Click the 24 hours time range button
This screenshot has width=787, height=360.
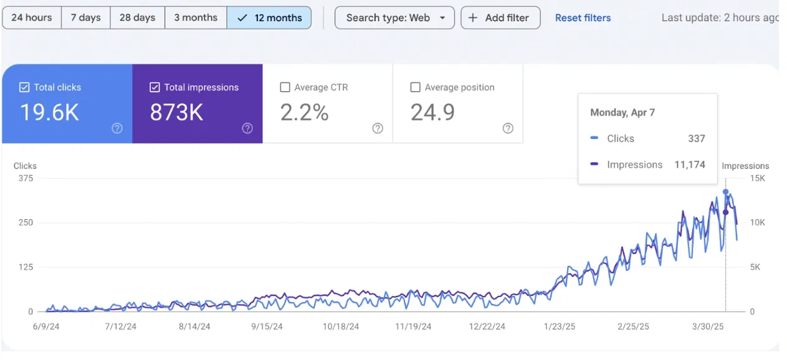click(32, 17)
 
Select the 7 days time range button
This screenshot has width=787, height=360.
click(86, 17)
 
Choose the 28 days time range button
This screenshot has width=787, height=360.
click(138, 17)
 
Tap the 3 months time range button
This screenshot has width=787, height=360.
click(196, 17)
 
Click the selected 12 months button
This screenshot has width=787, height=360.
click(269, 17)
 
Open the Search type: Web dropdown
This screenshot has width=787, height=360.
click(394, 17)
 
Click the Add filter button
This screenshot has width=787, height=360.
click(500, 17)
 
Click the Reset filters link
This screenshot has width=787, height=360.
click(583, 18)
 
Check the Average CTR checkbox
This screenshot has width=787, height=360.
click(285, 88)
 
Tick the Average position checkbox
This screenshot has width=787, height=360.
click(416, 88)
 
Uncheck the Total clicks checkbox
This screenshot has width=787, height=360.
click(24, 88)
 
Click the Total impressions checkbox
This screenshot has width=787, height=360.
click(155, 88)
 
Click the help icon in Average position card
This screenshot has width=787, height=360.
click(508, 128)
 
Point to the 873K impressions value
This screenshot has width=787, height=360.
click(176, 113)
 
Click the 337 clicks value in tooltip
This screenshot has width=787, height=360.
click(696, 139)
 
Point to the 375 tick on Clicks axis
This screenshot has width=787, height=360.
click(26, 178)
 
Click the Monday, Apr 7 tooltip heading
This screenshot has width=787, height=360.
click(622, 112)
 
